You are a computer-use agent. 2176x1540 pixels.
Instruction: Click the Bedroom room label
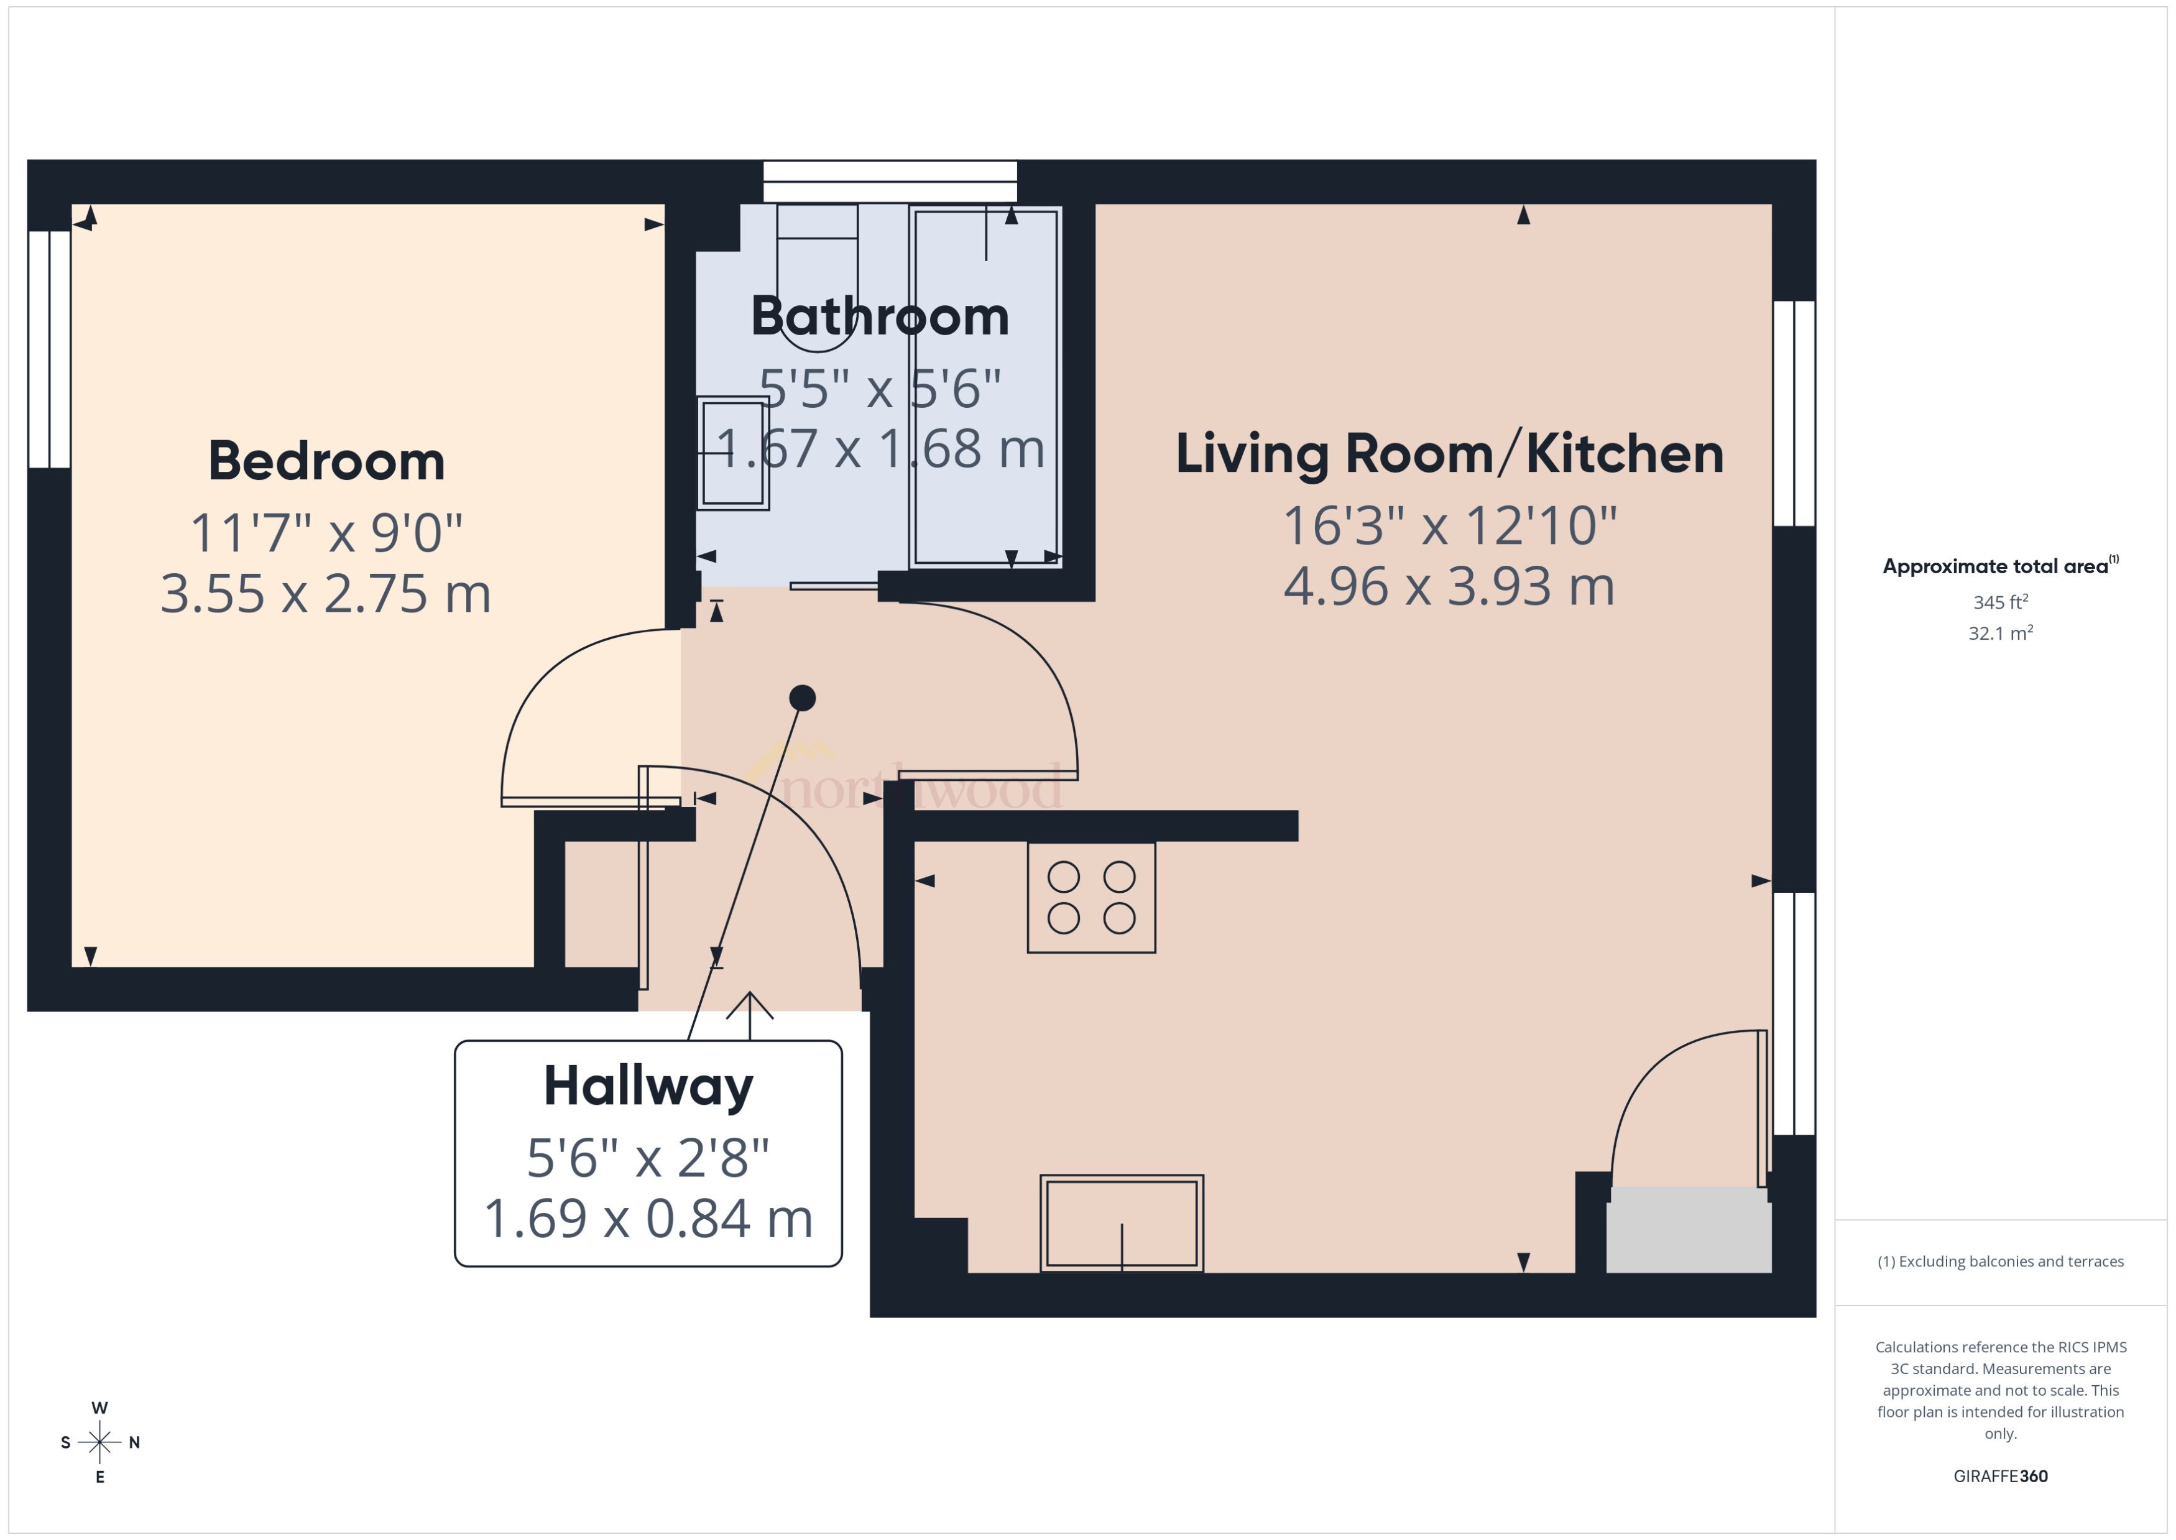click(x=326, y=462)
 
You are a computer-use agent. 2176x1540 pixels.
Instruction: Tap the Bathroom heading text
click(x=879, y=316)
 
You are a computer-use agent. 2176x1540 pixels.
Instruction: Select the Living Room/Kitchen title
click(x=1449, y=454)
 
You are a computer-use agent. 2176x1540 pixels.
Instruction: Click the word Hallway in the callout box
click(x=648, y=1087)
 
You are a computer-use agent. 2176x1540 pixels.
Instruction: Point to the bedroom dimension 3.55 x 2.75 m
click(x=326, y=594)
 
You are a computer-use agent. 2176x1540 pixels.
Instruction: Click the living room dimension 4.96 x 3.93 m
click(x=1449, y=587)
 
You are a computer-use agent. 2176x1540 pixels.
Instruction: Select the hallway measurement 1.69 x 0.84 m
click(x=648, y=1219)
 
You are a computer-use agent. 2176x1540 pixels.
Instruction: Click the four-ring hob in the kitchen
click(x=1091, y=897)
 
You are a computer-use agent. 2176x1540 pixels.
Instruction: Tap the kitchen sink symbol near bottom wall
click(x=1122, y=1224)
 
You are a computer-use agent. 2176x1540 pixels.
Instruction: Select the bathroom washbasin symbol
click(x=733, y=453)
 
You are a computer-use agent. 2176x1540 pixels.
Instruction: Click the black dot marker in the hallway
click(x=802, y=698)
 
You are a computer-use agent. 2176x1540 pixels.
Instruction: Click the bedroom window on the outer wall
click(x=49, y=349)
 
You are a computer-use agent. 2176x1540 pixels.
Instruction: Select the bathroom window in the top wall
click(x=890, y=181)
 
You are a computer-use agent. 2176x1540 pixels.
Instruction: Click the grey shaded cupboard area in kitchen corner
click(x=1689, y=1229)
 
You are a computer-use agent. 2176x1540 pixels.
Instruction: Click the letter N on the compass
click(x=135, y=1442)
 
